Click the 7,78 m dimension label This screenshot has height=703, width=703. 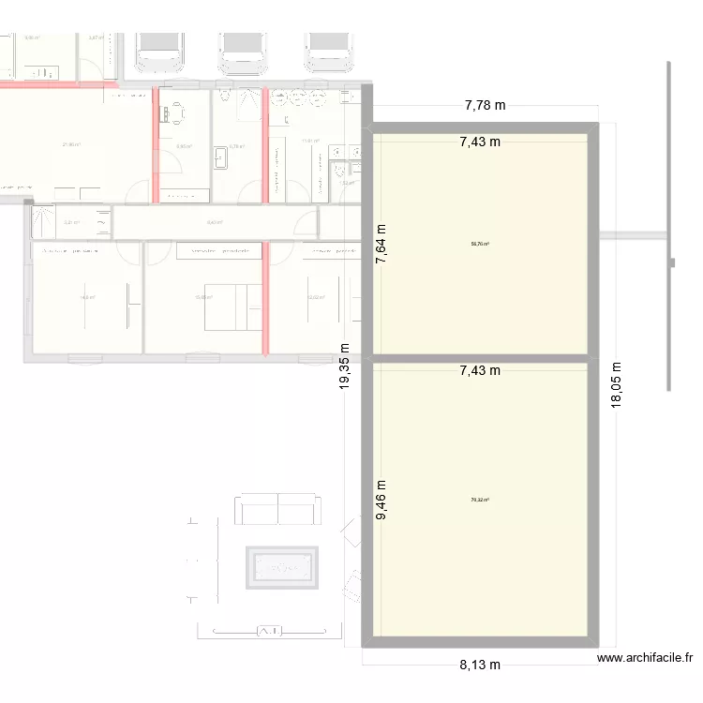(485, 106)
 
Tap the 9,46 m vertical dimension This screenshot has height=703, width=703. (382, 502)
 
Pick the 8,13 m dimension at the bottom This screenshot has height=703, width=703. (480, 665)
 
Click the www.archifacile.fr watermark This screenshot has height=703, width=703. (646, 659)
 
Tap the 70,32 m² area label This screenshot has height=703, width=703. (480, 500)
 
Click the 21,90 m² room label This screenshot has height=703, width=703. (71, 144)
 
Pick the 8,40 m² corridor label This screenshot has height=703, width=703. (215, 222)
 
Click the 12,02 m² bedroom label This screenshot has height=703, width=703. (316, 298)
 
